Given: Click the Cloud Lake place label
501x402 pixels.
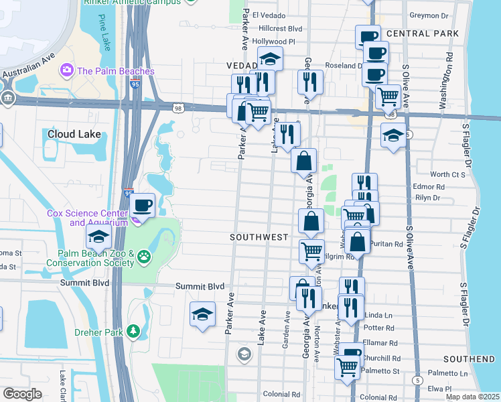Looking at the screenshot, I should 74,134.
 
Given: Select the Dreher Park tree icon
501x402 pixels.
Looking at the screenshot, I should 134,331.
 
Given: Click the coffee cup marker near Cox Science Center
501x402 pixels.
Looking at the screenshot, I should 142,205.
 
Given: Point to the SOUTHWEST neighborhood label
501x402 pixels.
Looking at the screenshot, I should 259,237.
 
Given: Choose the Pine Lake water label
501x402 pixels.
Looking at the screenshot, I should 104,33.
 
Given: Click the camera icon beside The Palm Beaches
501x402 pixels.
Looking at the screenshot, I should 66,70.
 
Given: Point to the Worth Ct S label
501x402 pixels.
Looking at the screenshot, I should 448,174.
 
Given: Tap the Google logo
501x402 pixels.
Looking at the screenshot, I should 22,393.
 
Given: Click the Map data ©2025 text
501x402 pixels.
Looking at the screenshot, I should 472,397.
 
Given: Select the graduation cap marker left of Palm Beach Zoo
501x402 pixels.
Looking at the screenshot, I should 98,236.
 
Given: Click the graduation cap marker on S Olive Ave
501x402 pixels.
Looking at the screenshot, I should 393,135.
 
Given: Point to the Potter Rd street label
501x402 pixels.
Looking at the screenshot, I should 380,328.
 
